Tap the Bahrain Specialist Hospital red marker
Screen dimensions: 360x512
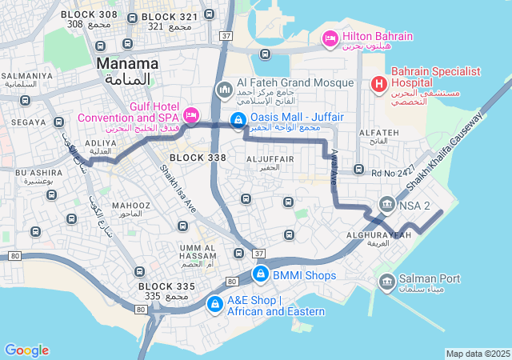tap(378, 83)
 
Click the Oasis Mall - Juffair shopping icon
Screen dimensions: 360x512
tap(238, 121)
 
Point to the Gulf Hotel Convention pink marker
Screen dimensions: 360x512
tap(191, 115)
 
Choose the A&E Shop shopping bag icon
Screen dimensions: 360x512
tap(214, 305)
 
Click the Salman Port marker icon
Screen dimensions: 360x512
tap(386, 280)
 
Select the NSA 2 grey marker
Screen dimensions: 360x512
tap(387, 205)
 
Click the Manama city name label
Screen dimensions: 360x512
tap(126, 62)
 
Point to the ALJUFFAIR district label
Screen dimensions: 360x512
tap(270, 159)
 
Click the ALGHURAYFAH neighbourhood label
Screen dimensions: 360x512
tap(379, 235)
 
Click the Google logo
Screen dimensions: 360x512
tap(26, 350)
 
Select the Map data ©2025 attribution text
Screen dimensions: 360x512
tap(478, 354)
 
